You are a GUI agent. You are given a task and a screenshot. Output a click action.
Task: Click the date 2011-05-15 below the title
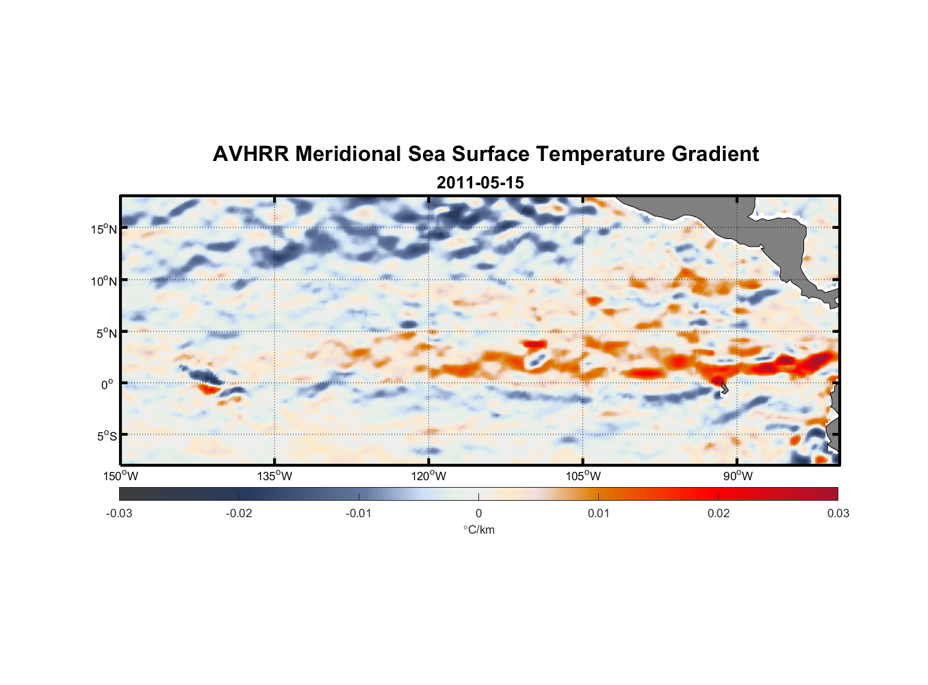pyautogui.click(x=480, y=183)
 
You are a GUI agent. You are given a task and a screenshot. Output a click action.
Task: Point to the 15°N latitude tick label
pyautogui.click(x=104, y=229)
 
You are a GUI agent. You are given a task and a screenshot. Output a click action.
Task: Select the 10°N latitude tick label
pyautogui.click(x=104, y=281)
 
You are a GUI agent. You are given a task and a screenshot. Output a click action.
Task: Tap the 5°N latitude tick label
pyautogui.click(x=106, y=333)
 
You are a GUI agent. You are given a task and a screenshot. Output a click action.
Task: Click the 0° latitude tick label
pyautogui.click(x=107, y=384)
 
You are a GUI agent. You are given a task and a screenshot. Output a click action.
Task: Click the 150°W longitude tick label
pyautogui.click(x=121, y=476)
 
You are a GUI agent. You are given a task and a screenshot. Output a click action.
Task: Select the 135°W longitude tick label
pyautogui.click(x=275, y=476)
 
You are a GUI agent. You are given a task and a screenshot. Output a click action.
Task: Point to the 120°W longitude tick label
pyautogui.click(x=429, y=476)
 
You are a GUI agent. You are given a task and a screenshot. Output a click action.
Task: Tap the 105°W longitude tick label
pyautogui.click(x=583, y=476)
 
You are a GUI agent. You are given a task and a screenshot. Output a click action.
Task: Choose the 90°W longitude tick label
pyautogui.click(x=738, y=476)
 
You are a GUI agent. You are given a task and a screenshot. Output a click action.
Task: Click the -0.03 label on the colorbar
pyautogui.click(x=119, y=513)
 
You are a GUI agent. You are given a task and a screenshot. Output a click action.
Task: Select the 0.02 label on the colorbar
pyautogui.click(x=718, y=513)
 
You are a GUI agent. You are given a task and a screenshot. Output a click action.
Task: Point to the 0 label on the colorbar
pyautogui.click(x=478, y=513)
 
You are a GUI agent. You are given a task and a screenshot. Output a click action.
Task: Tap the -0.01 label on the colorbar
pyautogui.click(x=359, y=513)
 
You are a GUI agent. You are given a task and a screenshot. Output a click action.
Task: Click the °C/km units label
pyautogui.click(x=478, y=530)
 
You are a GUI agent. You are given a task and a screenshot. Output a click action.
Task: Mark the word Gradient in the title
pyautogui.click(x=715, y=154)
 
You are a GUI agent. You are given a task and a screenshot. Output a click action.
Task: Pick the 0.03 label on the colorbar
pyautogui.click(x=838, y=513)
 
